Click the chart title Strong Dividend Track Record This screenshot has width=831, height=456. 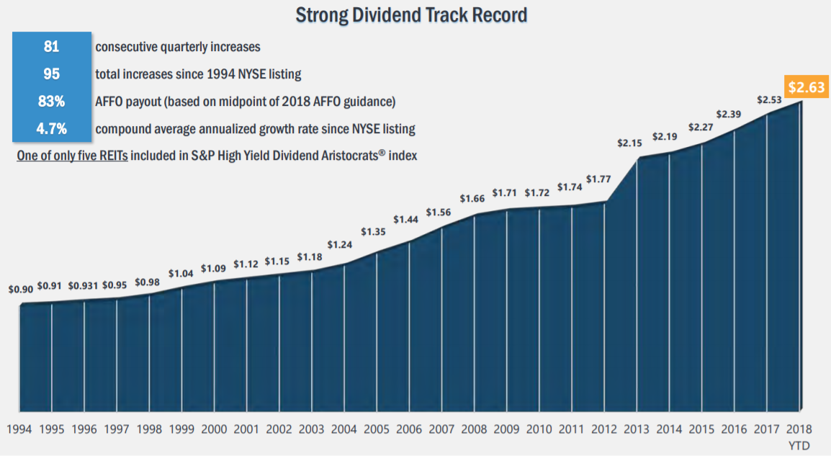(411, 14)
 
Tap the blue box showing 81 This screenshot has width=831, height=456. (52, 47)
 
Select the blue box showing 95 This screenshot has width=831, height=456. (52, 74)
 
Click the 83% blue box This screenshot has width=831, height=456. (52, 102)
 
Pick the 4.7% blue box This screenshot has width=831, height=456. (52, 129)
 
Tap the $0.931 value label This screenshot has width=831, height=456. (84, 285)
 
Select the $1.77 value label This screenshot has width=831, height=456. (598, 179)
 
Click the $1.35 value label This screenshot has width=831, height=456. (374, 231)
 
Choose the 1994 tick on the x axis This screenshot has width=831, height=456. (20, 429)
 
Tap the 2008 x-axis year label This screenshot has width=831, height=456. (475, 429)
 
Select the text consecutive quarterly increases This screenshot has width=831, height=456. (177, 47)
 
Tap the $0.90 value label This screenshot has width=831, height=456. (20, 290)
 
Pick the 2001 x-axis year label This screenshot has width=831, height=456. (247, 429)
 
